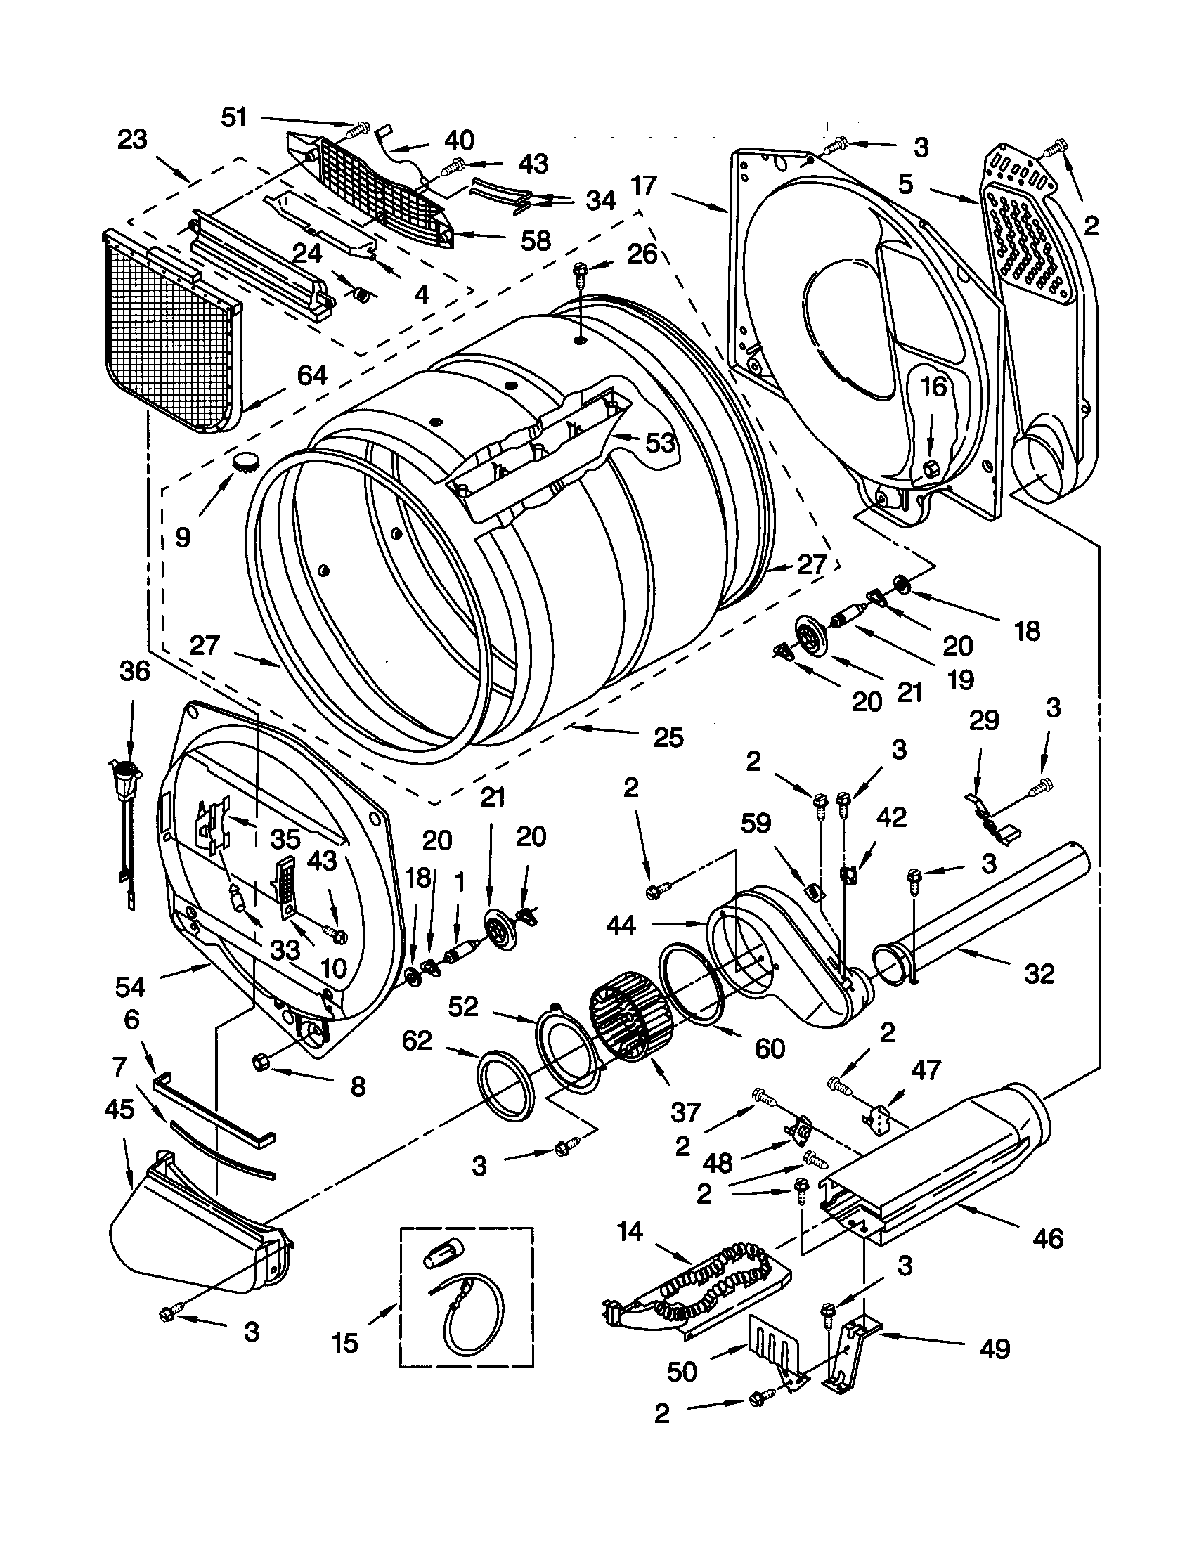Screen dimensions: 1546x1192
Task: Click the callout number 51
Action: pos(233,117)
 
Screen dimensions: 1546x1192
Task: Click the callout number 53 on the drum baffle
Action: pos(660,443)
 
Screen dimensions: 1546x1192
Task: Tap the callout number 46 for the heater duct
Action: pos(1048,1238)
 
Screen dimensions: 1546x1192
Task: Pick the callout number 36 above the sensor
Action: pos(134,671)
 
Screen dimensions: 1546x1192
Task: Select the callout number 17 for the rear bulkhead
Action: pos(644,186)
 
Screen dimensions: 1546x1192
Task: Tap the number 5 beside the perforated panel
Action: pos(906,185)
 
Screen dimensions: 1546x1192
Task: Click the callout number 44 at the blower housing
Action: pos(621,925)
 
